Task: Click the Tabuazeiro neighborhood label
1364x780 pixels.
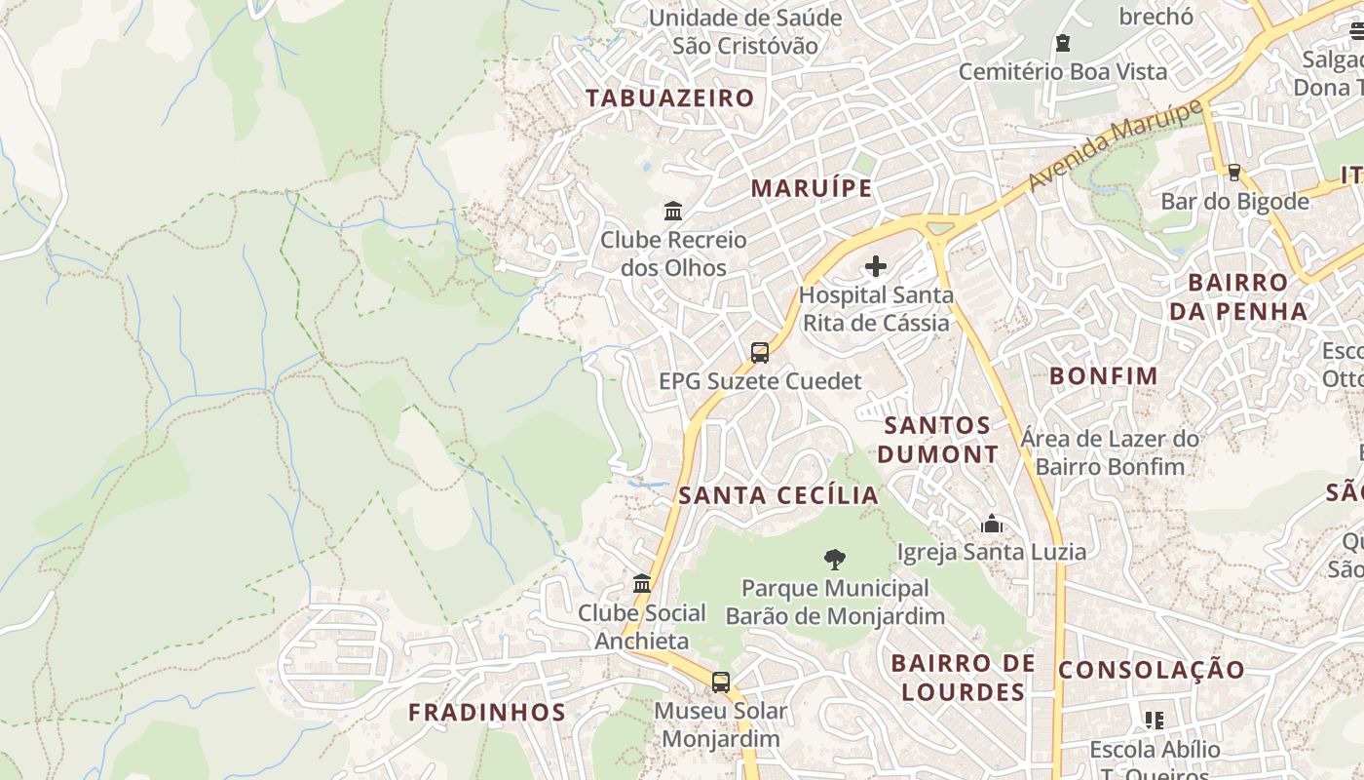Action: (669, 97)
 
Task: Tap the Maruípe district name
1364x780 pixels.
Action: (811, 188)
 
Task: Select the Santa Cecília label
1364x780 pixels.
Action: (778, 495)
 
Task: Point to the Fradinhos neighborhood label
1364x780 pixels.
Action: (487, 713)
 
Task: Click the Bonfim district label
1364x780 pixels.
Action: (1104, 376)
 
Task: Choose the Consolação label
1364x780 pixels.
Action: (1152, 671)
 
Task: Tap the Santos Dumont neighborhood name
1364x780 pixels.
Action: (937, 440)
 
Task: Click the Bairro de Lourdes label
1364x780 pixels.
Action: (963, 678)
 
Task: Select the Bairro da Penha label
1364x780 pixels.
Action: (1238, 296)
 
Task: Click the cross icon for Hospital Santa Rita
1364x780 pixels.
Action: (876, 266)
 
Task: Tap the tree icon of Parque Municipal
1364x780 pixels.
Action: (835, 560)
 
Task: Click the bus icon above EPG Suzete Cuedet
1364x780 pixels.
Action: (760, 353)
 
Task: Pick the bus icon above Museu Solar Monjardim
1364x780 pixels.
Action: (721, 682)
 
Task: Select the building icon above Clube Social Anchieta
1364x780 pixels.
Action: (642, 584)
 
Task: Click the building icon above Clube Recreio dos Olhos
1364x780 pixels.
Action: (672, 211)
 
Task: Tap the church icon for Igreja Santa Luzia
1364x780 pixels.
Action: (992, 525)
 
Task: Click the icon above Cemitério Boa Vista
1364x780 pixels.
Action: (1063, 43)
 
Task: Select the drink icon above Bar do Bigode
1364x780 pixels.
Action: (1234, 173)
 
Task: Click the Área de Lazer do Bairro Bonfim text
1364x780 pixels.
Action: (1110, 452)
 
